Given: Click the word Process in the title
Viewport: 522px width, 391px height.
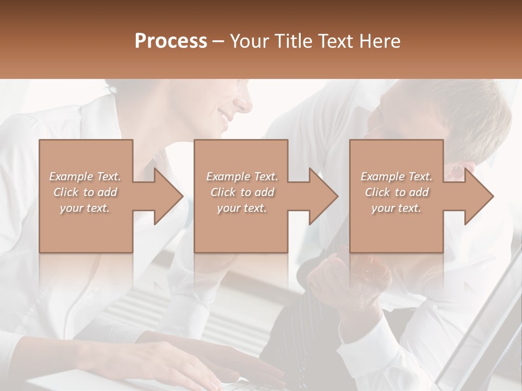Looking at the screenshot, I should (171, 41).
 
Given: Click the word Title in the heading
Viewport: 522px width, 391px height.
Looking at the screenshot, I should (293, 41).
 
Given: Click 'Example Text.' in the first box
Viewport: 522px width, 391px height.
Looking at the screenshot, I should (85, 176).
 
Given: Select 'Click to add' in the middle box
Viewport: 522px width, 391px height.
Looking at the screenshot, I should (242, 192).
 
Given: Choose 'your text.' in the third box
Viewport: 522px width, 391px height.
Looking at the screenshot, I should (396, 208).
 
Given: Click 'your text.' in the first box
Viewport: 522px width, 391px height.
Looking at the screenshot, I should (85, 208).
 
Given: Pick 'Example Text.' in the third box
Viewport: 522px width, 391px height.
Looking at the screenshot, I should (396, 176).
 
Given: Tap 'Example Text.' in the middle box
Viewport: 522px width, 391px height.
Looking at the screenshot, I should (242, 176).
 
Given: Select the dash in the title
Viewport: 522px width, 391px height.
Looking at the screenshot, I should (219, 41).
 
